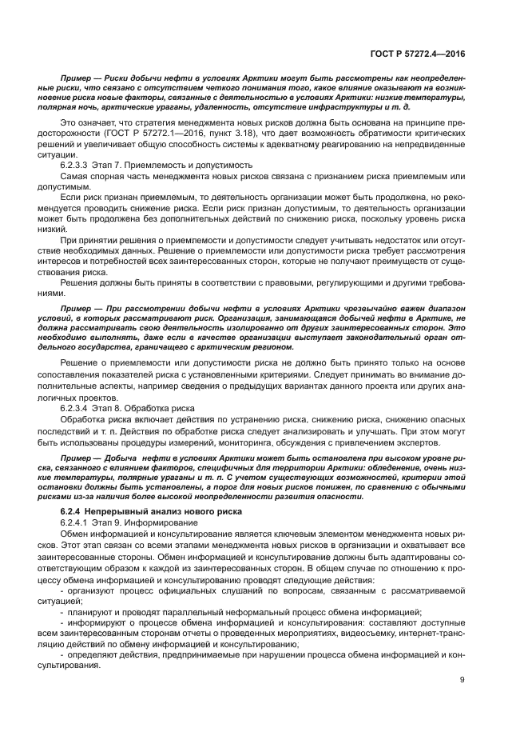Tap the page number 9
pyautogui.click(x=462, y=680)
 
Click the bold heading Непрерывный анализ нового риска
pyautogui.click(x=173, y=510)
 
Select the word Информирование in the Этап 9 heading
pyautogui.click(x=159, y=520)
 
